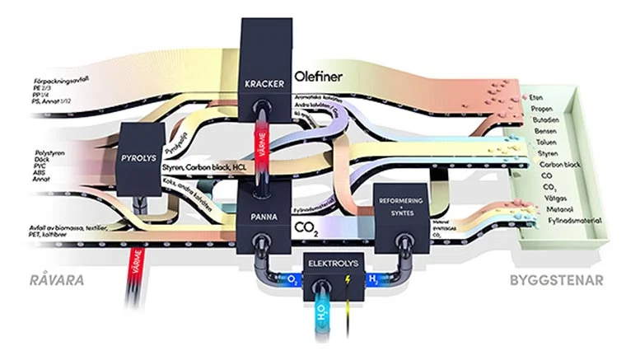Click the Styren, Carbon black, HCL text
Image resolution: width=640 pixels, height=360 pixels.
[x=206, y=167]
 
